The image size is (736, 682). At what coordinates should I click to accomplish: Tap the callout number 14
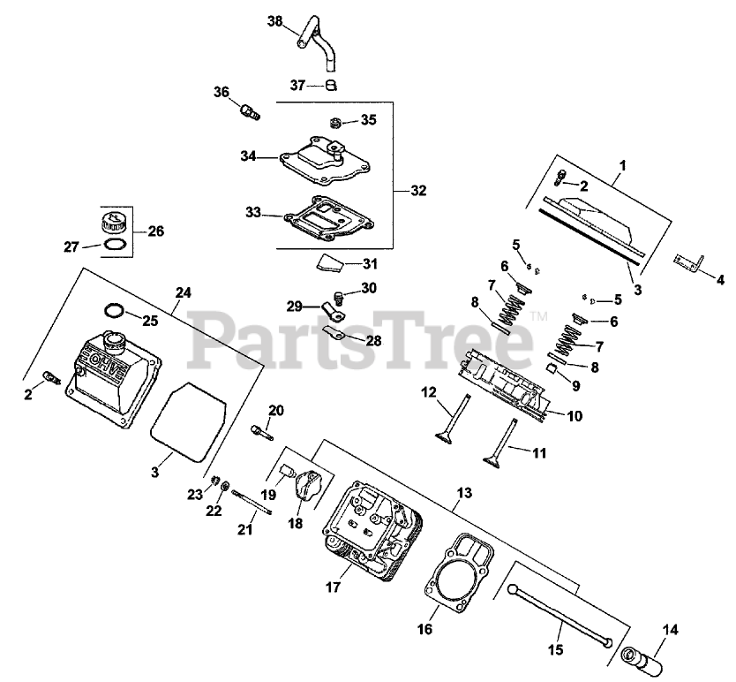(x=670, y=630)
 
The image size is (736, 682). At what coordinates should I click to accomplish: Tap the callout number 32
(x=418, y=190)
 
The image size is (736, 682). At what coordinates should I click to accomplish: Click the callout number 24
(x=184, y=292)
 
